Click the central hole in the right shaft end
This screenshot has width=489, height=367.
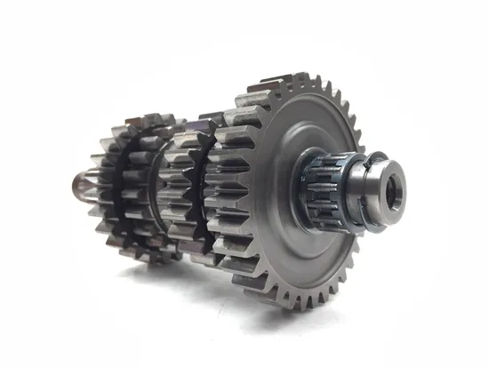click(x=391, y=187)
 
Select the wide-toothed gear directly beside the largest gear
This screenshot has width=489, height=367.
click(x=227, y=191)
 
